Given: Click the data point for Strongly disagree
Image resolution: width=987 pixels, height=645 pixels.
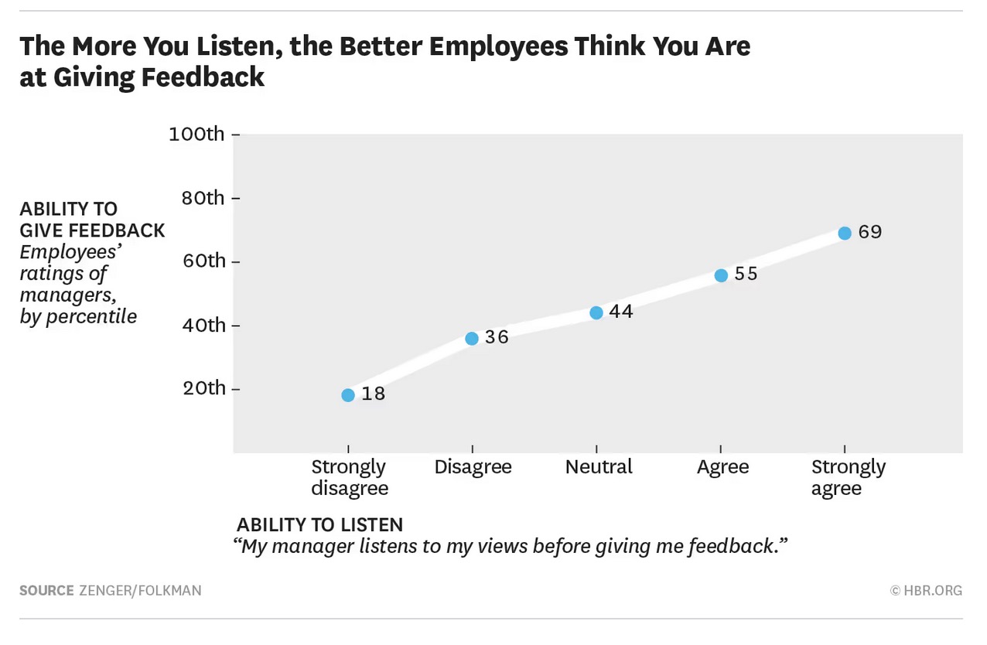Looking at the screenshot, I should (348, 395).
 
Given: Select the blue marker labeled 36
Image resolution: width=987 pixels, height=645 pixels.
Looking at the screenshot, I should (472, 338).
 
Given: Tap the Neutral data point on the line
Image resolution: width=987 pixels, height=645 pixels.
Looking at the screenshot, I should (596, 313).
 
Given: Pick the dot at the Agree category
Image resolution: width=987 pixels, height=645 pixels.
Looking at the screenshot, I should (721, 275).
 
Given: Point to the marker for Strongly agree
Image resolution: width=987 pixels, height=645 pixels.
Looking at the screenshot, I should (845, 233).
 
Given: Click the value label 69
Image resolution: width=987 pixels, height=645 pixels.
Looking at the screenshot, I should (870, 232).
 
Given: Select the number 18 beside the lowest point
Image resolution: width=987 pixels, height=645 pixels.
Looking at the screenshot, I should (374, 394).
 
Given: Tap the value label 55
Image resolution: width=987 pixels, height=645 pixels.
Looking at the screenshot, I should (746, 275).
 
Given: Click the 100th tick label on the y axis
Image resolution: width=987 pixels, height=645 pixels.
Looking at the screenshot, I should (196, 135).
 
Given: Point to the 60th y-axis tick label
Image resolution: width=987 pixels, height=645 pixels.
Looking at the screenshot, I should (203, 261).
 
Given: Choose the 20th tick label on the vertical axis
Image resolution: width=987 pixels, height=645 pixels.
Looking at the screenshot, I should (203, 388).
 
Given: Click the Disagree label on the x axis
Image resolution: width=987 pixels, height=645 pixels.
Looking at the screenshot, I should (473, 467).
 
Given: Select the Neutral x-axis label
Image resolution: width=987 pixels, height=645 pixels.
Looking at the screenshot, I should (599, 467).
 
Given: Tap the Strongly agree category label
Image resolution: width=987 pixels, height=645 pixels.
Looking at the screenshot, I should (848, 478).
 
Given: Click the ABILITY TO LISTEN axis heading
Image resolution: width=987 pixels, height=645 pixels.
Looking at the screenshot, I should (319, 525).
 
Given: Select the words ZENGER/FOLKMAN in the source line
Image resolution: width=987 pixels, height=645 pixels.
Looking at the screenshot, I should (140, 591).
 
